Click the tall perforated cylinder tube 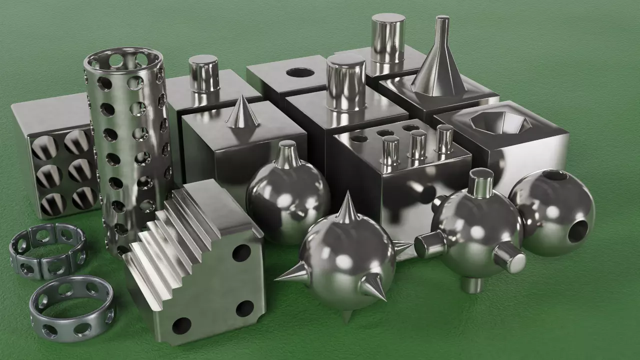(129, 145)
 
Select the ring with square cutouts (47, 250)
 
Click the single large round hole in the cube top (300, 72)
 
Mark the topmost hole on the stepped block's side (241, 253)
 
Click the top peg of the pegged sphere (480, 182)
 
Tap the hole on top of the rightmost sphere (555, 175)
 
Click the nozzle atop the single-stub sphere (288, 155)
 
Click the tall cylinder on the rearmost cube (387, 37)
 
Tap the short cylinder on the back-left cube (203, 73)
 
